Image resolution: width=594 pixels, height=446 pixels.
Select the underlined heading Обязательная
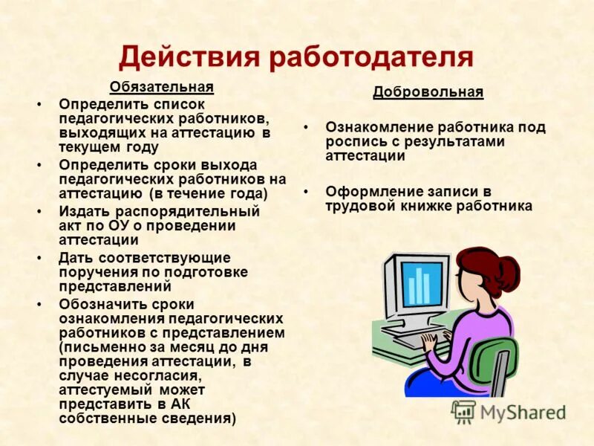tap(162, 87)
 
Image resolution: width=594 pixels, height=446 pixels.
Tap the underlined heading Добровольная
tap(428, 92)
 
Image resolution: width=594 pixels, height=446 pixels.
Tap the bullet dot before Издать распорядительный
tap(39, 212)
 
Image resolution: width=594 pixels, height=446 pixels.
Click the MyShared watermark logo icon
tap(463, 411)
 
